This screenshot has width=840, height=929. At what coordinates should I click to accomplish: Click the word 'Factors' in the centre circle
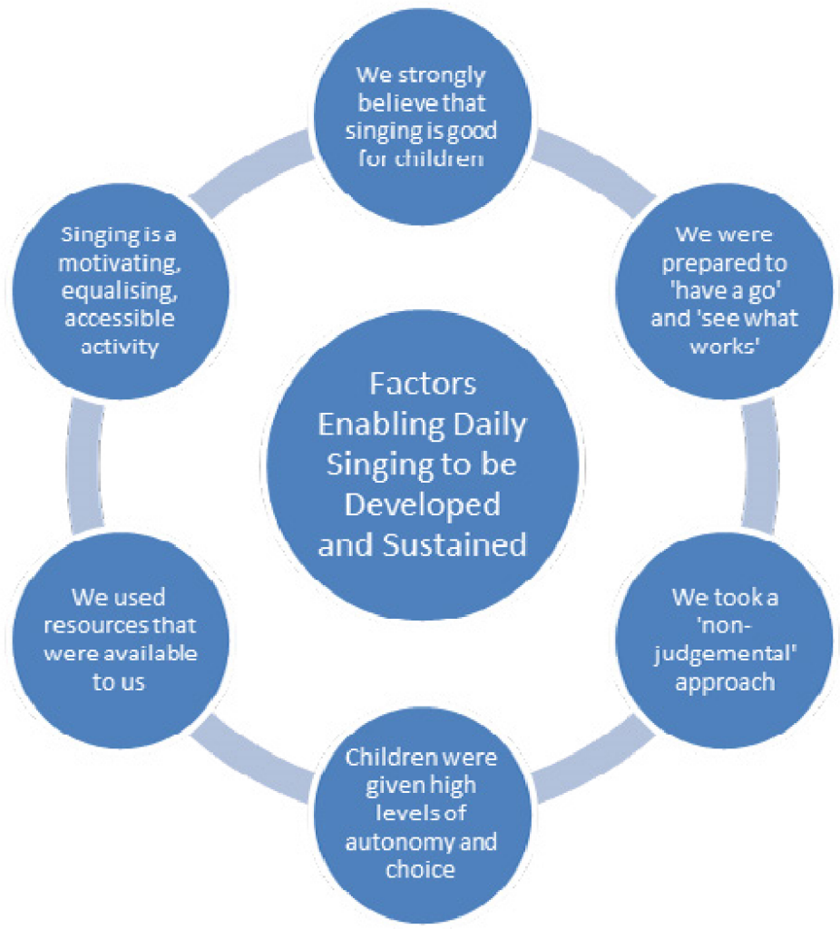point(423,384)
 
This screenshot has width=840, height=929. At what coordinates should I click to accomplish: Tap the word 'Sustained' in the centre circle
point(454,545)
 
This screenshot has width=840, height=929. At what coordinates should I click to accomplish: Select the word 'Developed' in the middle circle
point(423,505)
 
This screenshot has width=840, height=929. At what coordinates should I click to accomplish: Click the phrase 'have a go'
point(725,291)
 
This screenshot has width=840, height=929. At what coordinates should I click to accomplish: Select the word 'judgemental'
point(725,655)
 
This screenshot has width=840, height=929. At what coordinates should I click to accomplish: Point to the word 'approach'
point(725,683)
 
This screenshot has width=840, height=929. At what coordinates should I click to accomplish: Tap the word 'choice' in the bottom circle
point(421,870)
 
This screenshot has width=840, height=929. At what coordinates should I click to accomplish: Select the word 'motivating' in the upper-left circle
point(120,263)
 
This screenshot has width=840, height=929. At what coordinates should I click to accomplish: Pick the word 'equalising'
point(120,291)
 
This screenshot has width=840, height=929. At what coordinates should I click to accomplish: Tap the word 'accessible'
point(120,318)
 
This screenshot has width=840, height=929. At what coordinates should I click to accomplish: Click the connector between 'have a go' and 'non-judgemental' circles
point(760,465)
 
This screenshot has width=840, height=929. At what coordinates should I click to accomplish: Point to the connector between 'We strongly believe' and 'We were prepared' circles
point(593,171)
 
